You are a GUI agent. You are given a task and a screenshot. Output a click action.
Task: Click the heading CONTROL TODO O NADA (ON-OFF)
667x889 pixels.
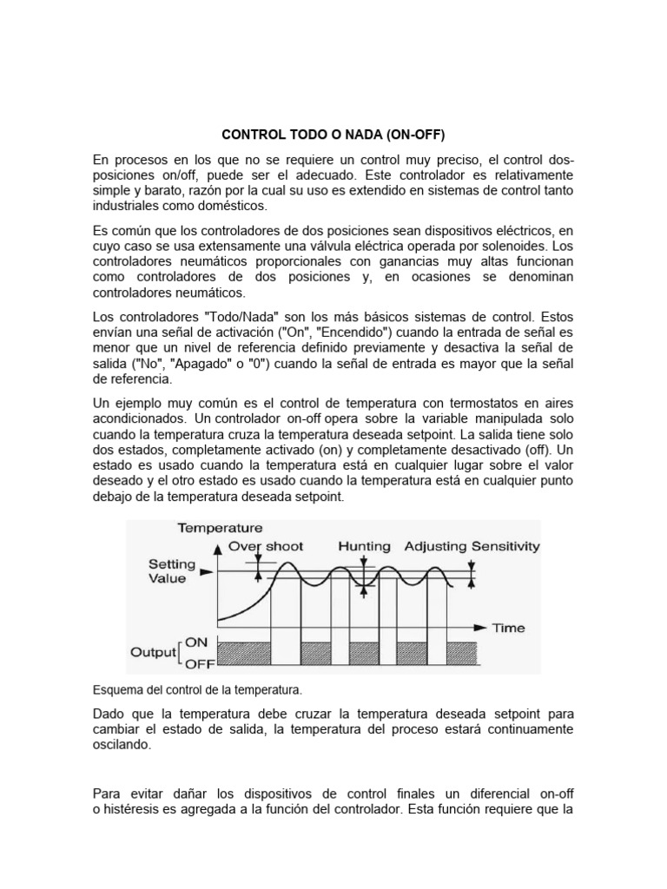[333, 135]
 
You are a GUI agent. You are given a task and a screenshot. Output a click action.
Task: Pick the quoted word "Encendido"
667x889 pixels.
[366, 333]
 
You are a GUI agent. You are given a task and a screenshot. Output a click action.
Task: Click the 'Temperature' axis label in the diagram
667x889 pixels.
[220, 528]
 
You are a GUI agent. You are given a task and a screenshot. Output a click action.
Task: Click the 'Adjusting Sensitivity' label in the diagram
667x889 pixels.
[472, 546]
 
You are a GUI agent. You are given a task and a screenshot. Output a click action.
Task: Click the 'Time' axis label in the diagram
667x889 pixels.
[509, 627]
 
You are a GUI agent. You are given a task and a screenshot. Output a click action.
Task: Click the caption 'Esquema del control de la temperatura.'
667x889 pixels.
[196, 690]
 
